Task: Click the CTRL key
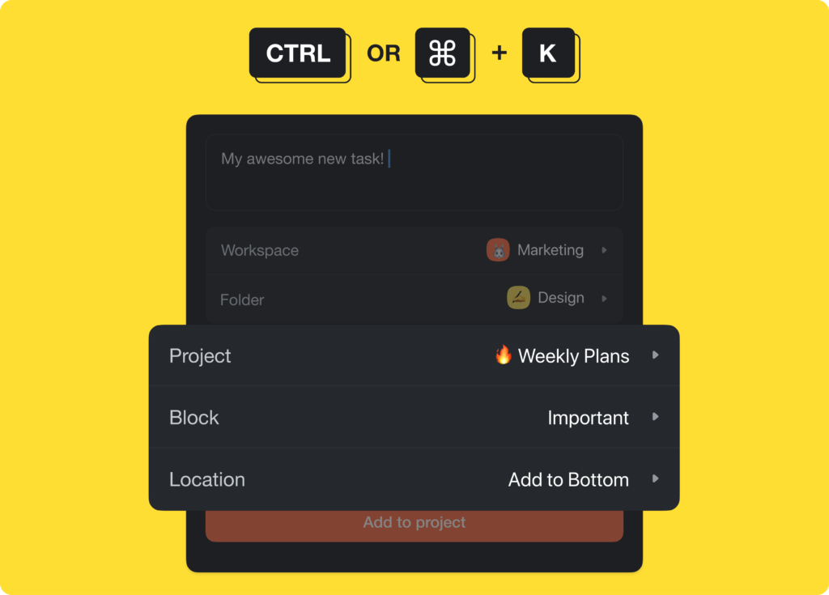point(298,53)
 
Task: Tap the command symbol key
point(443,53)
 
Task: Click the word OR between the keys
point(384,54)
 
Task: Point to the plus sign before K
point(500,53)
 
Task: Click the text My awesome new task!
point(303,159)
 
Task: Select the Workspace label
point(260,251)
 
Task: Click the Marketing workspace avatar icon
point(498,250)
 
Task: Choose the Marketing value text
point(551,250)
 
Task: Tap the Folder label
point(242,300)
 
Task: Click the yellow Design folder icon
point(518,298)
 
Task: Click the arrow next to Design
point(605,299)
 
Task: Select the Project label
point(200,356)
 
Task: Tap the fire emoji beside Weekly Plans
point(504,355)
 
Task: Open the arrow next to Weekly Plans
point(656,355)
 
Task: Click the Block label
point(194,418)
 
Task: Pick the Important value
point(589,418)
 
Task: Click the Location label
point(207,479)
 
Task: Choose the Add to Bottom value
point(568,479)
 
